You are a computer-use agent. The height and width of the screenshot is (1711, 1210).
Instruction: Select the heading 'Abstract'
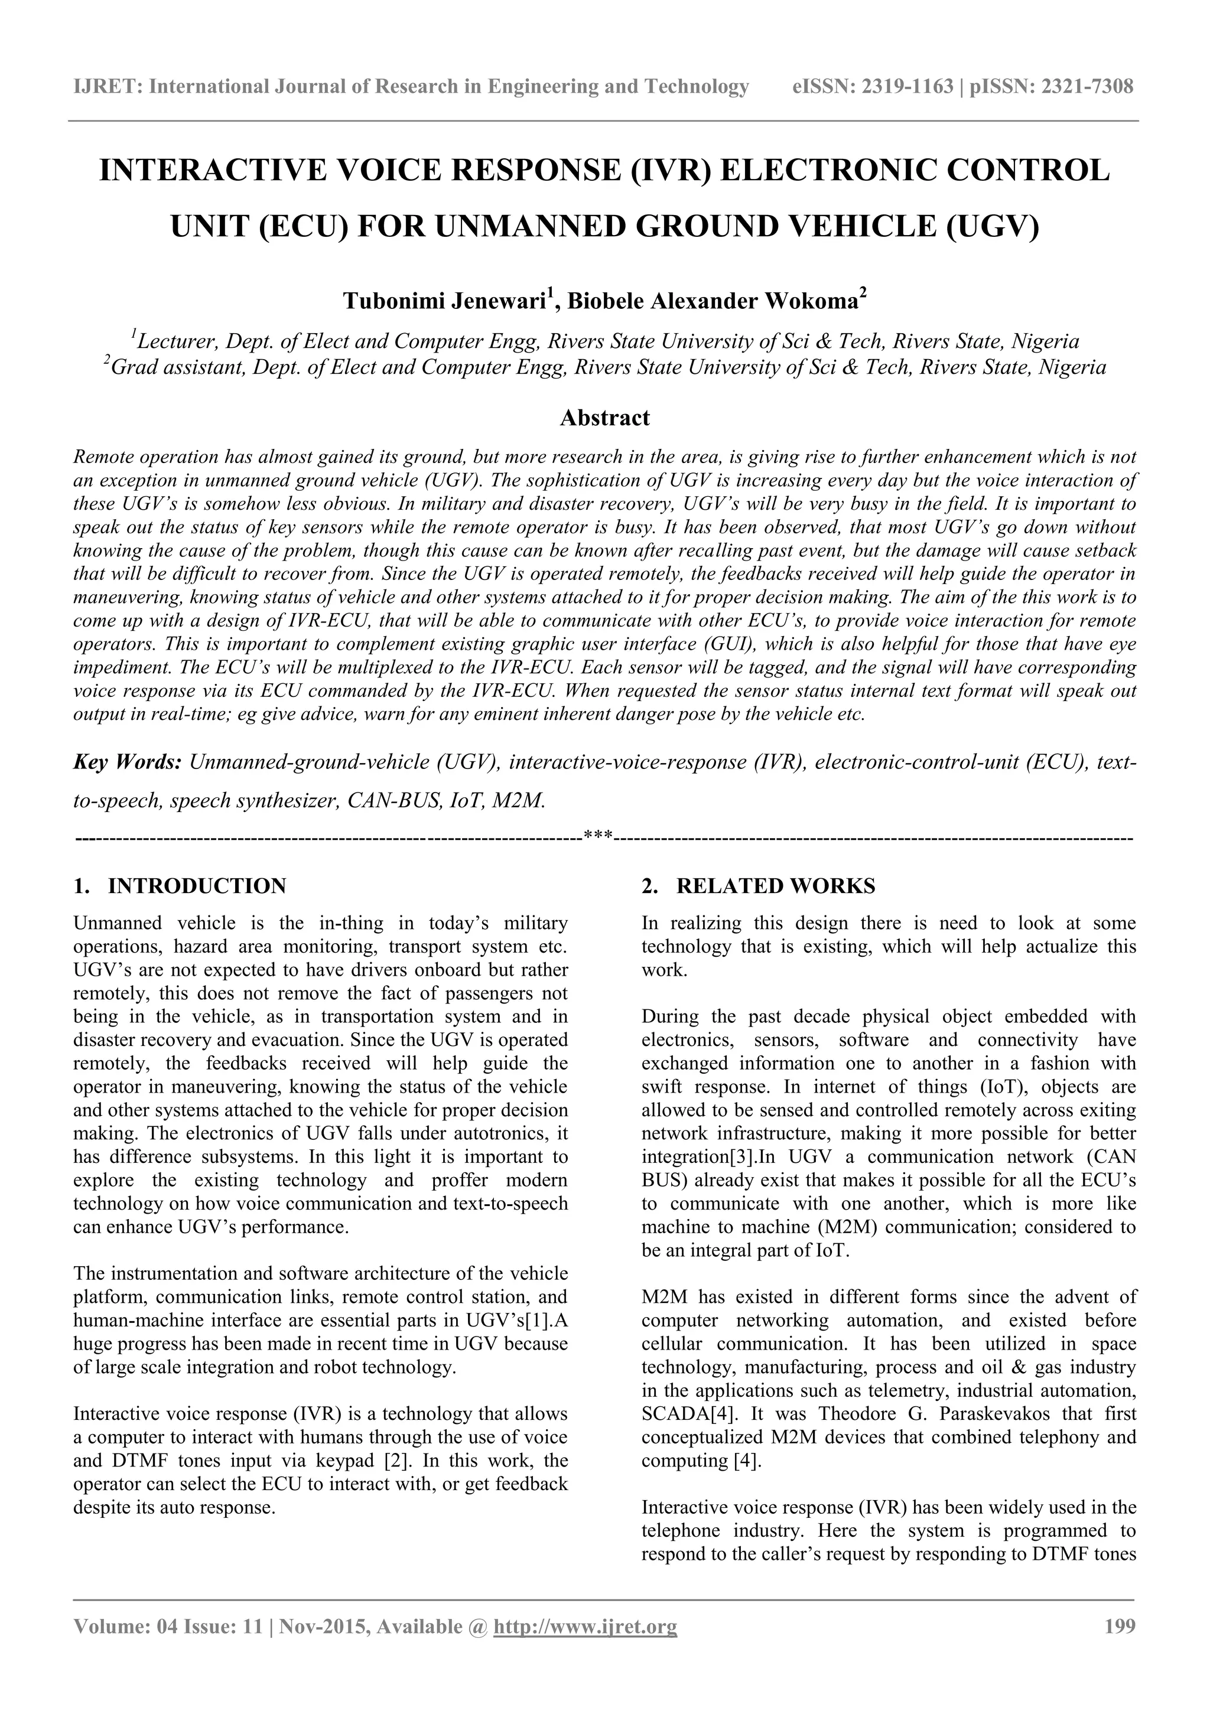coord(604,418)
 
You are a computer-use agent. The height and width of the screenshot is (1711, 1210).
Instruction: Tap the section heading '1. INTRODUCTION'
coord(180,886)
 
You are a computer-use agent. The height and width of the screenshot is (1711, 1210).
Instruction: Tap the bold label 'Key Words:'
coord(128,762)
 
